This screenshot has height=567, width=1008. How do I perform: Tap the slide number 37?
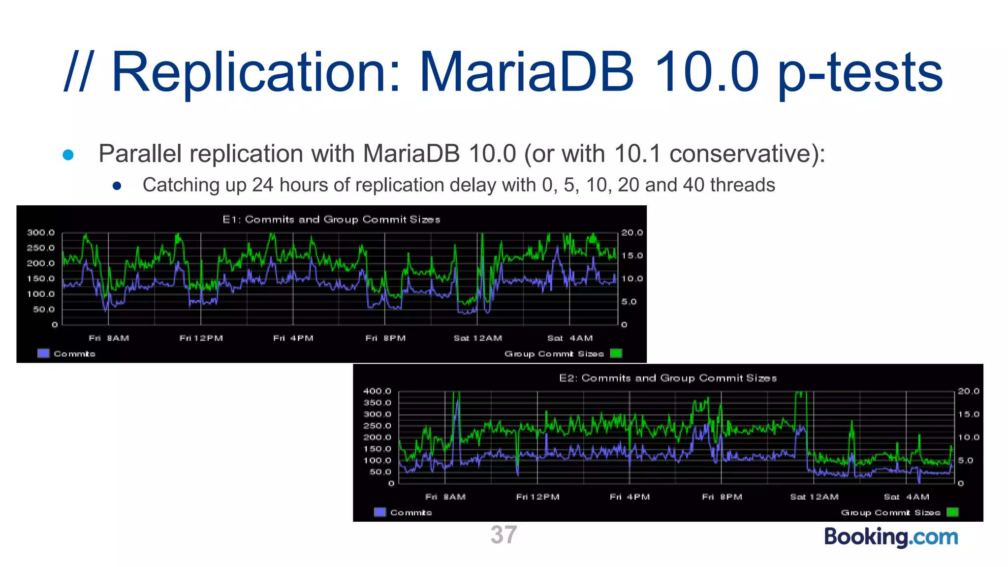point(504,535)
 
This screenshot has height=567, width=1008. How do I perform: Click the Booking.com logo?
point(891,536)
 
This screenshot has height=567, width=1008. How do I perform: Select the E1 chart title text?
point(331,220)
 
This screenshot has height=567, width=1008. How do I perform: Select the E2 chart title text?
point(668,378)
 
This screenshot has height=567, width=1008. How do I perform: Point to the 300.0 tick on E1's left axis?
point(41,233)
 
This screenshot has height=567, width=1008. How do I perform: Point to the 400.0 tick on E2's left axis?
point(377,391)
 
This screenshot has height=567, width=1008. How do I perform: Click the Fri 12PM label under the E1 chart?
point(201,338)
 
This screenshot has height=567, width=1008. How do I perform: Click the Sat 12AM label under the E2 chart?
point(814,497)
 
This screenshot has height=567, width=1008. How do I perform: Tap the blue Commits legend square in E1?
point(44,353)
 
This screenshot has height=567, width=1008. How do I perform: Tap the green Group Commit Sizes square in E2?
point(952,512)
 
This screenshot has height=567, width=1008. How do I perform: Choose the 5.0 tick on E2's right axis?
point(965,461)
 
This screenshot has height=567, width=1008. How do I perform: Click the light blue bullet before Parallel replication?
point(68,155)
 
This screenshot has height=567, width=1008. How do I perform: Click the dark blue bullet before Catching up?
point(117,186)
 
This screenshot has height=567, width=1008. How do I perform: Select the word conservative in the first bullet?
point(741,154)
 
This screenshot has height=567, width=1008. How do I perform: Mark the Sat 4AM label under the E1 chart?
point(570,338)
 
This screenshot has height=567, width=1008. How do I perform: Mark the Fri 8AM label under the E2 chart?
point(445,497)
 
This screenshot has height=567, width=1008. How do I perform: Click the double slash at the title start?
point(78,72)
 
